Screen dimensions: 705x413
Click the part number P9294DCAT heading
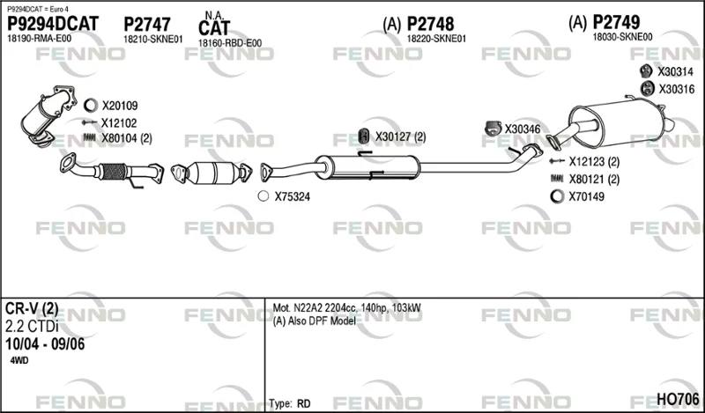coord(53,24)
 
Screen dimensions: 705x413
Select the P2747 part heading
coord(147,25)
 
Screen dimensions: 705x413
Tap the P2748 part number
coord(430,24)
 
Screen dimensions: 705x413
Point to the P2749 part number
coord(616,22)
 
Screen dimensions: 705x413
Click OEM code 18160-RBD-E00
coord(230,43)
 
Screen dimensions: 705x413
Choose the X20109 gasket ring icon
coord(91,106)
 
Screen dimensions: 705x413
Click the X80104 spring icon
coord(90,137)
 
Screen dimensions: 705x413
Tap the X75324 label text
coord(293,196)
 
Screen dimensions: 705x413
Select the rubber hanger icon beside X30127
coord(363,136)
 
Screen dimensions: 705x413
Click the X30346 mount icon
coord(493,128)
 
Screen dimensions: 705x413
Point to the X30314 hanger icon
coord(646,71)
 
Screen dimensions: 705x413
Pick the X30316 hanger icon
coord(647,89)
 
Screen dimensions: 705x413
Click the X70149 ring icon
coord(557,196)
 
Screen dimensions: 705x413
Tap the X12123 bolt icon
coord(557,161)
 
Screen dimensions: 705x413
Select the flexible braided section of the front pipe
coord(113,172)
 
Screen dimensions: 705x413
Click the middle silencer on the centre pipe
coord(367,166)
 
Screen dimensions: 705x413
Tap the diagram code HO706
coord(678,399)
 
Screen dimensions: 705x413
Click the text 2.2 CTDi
coord(32,327)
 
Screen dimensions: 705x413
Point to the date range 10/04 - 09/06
coord(45,344)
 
